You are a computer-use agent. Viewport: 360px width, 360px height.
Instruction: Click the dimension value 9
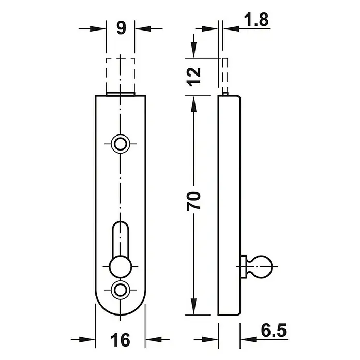121,28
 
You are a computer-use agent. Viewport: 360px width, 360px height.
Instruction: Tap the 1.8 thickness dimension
256,20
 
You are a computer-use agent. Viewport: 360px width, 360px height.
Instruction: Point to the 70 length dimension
194,201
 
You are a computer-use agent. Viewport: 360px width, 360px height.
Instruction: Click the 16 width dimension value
121,340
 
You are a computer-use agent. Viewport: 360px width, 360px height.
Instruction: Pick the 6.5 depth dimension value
274,331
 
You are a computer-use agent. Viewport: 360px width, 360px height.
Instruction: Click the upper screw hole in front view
121,144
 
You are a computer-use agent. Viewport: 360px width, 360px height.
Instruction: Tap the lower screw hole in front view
121,290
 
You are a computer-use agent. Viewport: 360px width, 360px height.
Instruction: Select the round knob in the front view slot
121,266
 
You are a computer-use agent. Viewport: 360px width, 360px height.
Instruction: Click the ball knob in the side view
263,266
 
